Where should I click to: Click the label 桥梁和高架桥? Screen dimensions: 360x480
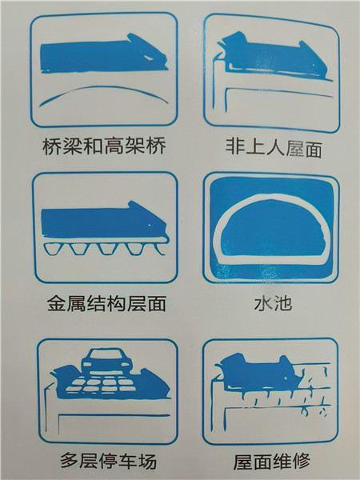tap(104, 146)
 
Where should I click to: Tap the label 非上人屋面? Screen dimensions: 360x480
tap(274, 148)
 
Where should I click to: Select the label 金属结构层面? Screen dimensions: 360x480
tap(107, 303)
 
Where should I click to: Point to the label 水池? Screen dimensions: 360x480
tap(273, 303)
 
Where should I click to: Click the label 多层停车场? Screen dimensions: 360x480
tap(108, 461)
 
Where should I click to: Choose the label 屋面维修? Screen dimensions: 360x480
tap(272, 462)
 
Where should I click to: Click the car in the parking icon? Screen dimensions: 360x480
tap(107, 362)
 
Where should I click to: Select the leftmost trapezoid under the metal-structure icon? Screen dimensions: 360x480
tap(52, 248)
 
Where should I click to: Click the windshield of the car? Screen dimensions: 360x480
tap(107, 354)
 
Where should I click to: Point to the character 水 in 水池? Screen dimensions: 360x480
tap(263, 303)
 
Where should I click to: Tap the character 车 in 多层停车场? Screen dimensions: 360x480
tap(128, 461)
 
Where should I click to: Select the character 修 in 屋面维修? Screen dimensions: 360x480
tap(302, 462)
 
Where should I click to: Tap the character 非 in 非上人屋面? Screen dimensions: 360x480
tap(234, 146)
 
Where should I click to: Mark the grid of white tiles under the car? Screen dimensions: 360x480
tap(101, 385)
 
